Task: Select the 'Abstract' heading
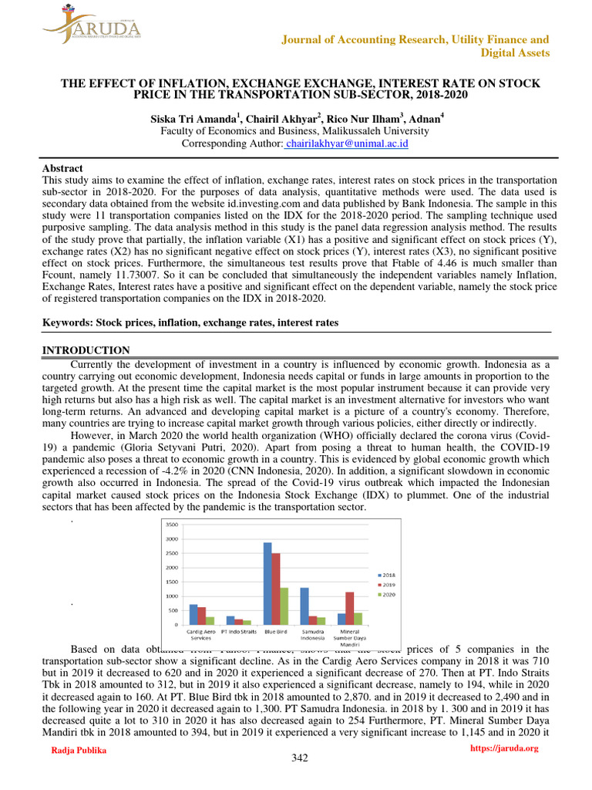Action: click(62, 168)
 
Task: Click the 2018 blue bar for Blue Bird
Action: click(267, 583)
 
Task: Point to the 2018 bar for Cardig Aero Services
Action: click(193, 614)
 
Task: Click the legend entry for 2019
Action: click(388, 585)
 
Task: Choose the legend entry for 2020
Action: click(388, 595)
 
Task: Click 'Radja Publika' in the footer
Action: click(78, 750)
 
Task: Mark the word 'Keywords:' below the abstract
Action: click(68, 322)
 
